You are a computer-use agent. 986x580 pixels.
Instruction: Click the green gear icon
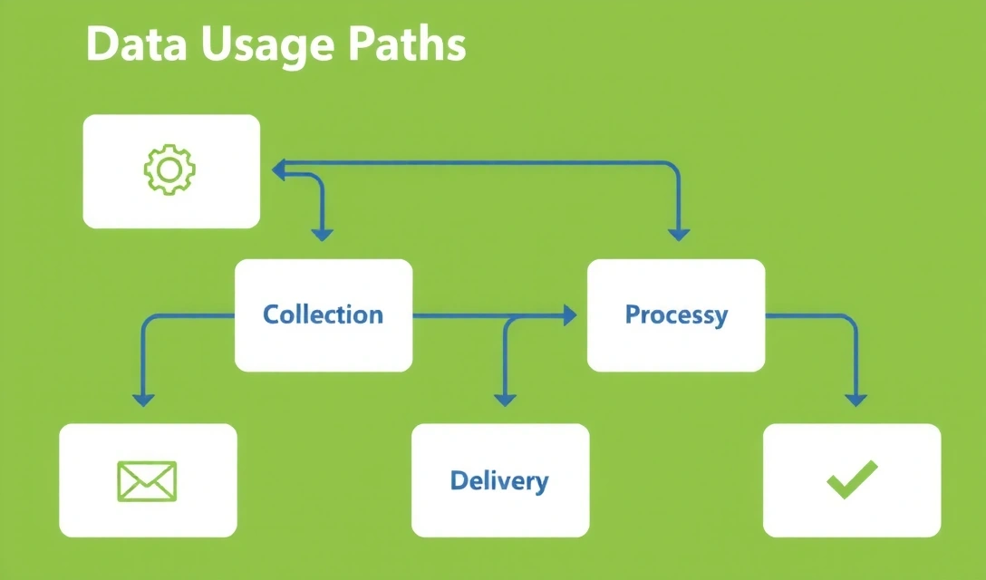pyautogui.click(x=170, y=169)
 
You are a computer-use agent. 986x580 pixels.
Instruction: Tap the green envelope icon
pyautogui.click(x=147, y=480)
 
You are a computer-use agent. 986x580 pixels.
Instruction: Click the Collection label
pyautogui.click(x=323, y=314)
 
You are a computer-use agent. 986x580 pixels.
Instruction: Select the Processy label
pyautogui.click(x=676, y=314)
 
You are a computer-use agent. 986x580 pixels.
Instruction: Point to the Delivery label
pyautogui.click(x=499, y=480)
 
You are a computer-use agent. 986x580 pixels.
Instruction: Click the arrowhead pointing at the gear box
pyautogui.click(x=278, y=168)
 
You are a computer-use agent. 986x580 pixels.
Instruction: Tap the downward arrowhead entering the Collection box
pyautogui.click(x=323, y=235)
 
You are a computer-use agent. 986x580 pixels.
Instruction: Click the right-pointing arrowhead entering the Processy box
pyautogui.click(x=569, y=315)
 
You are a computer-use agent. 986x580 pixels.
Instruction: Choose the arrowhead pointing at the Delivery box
pyautogui.click(x=505, y=399)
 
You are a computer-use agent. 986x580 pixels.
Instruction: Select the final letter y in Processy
pyautogui.click(x=720, y=317)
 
